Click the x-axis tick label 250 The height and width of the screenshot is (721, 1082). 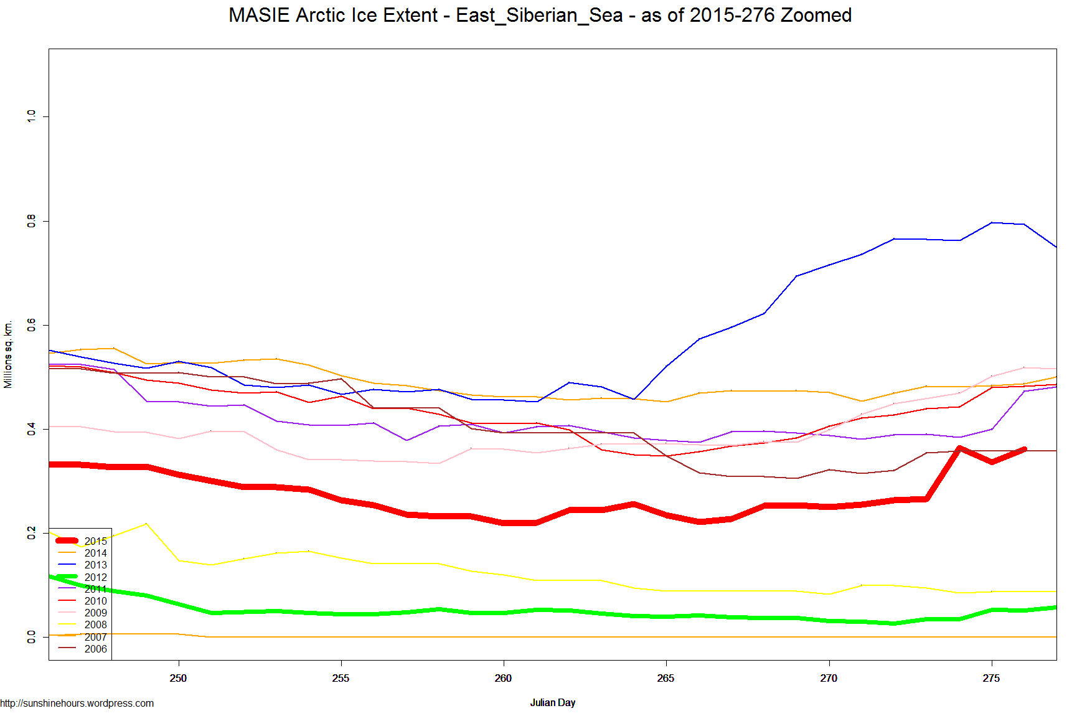pos(178,678)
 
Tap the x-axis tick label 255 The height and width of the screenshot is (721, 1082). pos(341,678)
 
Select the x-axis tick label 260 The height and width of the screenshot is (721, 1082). pos(503,678)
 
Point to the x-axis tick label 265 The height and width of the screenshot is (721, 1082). pos(666,678)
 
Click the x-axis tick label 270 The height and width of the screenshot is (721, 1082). pos(829,678)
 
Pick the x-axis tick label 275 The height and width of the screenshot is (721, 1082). pos(991,678)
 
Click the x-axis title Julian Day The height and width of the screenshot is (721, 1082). pos(552,702)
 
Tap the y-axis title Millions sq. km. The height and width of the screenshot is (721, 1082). pos(8,355)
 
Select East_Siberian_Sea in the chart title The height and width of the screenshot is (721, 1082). pos(539,15)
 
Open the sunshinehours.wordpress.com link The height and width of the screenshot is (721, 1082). pos(77,703)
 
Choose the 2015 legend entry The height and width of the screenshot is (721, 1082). pos(95,541)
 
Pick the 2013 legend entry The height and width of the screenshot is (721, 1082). pos(95,565)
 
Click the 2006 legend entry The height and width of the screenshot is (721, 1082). pos(95,649)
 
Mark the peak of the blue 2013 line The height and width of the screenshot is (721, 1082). pos(992,222)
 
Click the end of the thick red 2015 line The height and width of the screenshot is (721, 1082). pos(1024,449)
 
